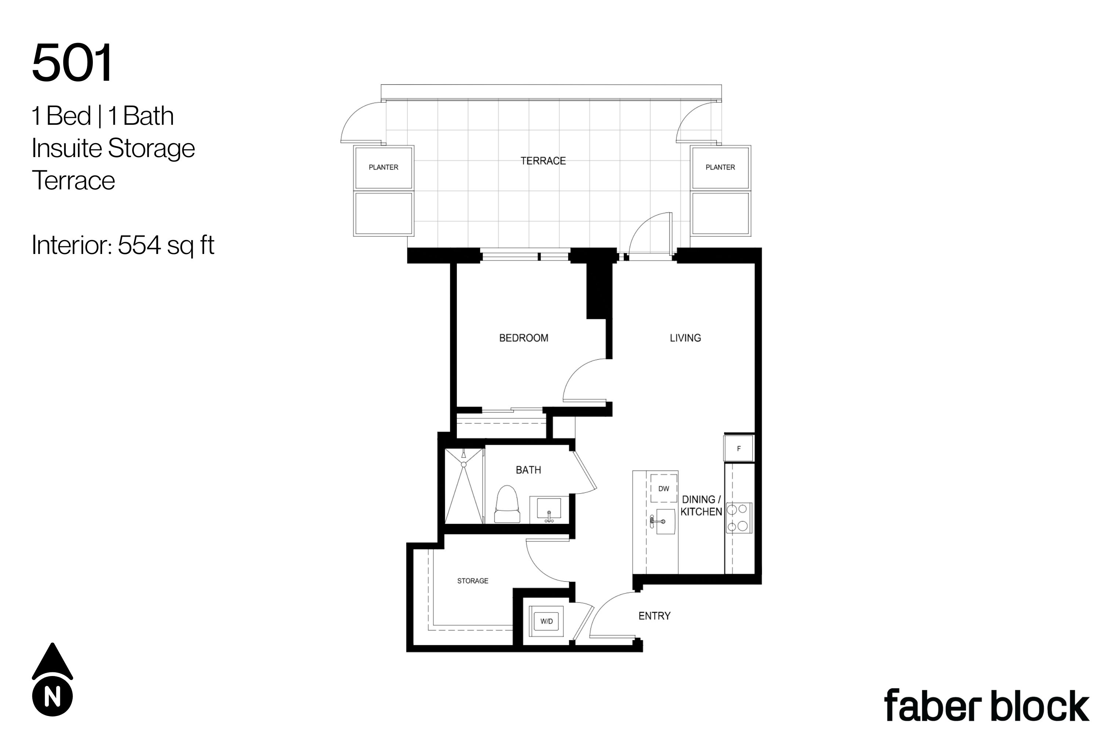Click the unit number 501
73,63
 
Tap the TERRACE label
543,161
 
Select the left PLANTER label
384,167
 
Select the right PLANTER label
720,167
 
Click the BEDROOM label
523,338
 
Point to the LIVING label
685,338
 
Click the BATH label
528,470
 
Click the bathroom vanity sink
549,510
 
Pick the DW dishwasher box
664,488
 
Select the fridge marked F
739,448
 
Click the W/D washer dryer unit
546,621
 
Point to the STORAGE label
472,581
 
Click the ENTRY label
654,616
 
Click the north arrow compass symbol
52,679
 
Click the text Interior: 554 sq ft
123,245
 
